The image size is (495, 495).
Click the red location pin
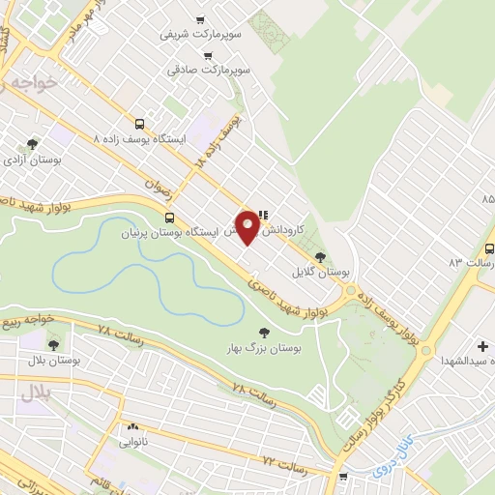click(248, 225)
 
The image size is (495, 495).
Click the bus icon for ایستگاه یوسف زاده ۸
click(140, 124)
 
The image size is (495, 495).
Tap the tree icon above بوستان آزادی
click(33, 144)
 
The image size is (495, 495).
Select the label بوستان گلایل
click(325, 274)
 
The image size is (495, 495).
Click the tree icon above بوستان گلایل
click(321, 256)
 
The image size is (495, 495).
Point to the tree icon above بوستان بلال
click(52, 343)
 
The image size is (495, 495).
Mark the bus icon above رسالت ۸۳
click(489, 247)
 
